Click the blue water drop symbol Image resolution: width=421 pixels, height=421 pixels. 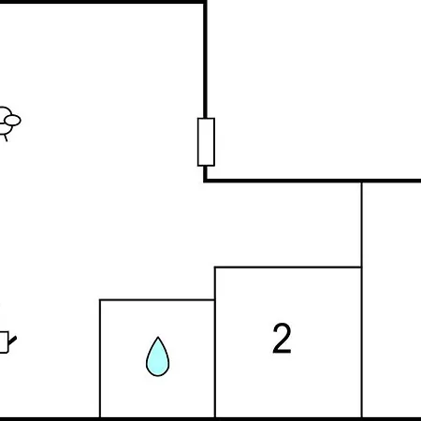pyautogui.click(x=158, y=356)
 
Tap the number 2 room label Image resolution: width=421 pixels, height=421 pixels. pyautogui.click(x=282, y=338)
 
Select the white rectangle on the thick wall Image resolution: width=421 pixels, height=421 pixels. pyautogui.click(x=206, y=142)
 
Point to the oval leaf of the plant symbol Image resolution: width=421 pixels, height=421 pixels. pyautogui.click(x=13, y=121)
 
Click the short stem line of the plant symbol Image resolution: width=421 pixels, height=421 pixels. pyautogui.click(x=6, y=138)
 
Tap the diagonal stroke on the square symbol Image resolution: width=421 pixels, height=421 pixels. pyautogui.click(x=12, y=341)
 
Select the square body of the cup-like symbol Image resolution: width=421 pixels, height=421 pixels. pyautogui.click(x=4, y=342)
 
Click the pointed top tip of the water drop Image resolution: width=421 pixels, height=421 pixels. pyautogui.click(x=158, y=337)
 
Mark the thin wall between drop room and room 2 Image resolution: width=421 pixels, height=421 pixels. pyautogui.click(x=215, y=342)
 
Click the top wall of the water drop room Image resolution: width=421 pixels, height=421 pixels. pyautogui.click(x=157, y=300)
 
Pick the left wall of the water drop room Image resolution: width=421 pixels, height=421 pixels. pyautogui.click(x=100, y=358)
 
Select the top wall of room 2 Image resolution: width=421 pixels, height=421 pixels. pyautogui.click(x=288, y=268)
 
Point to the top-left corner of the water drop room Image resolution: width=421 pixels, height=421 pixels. pyautogui.click(x=100, y=300)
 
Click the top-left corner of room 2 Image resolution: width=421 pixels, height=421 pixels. pyautogui.click(x=215, y=268)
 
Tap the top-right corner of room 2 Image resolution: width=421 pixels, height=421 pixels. pyautogui.click(x=362, y=268)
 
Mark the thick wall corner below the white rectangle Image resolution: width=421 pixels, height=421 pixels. pyautogui.click(x=205, y=181)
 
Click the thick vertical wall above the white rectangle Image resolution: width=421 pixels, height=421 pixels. pyautogui.click(x=205, y=61)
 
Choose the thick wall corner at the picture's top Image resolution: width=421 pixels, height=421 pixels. pyautogui.click(x=205, y=2)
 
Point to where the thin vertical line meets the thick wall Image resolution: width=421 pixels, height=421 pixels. pyautogui.click(x=362, y=181)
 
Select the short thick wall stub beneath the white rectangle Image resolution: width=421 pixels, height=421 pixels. pyautogui.click(x=205, y=172)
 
